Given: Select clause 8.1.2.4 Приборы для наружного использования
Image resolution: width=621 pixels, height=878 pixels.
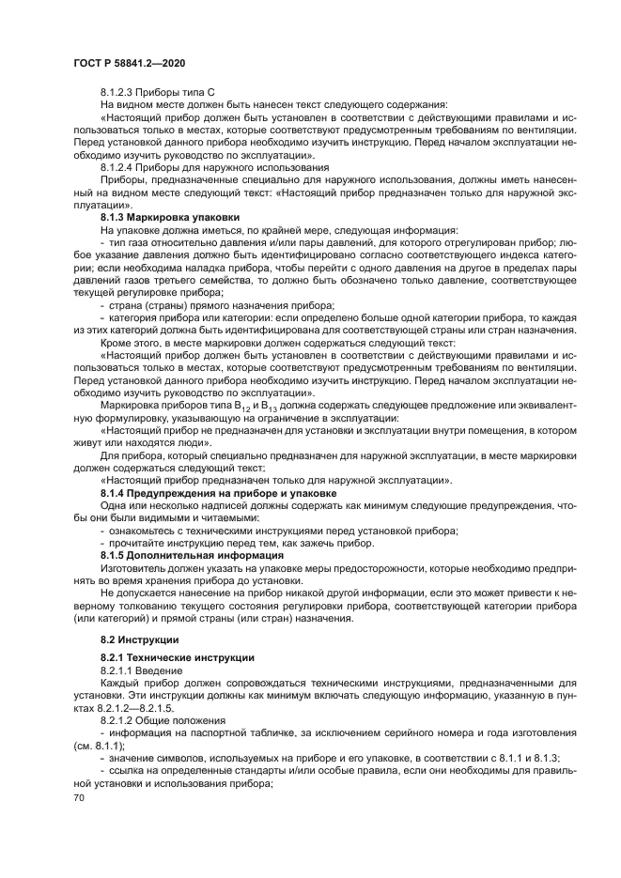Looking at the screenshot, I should pyautogui.click(x=207, y=166).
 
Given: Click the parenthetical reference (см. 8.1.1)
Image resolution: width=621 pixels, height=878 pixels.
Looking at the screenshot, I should pyautogui.click(x=98, y=747).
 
